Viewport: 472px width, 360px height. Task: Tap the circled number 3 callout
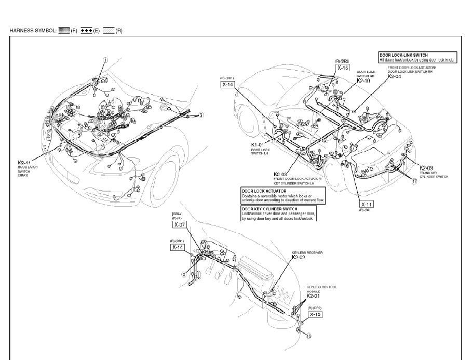pos(201,115)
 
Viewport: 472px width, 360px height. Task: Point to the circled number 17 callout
pos(414,182)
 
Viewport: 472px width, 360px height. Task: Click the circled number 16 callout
pos(308,336)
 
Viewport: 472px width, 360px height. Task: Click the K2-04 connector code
pos(395,76)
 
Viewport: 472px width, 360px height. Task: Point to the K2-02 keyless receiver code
pos(299,257)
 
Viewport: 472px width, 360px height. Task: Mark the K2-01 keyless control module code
pos(314,296)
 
